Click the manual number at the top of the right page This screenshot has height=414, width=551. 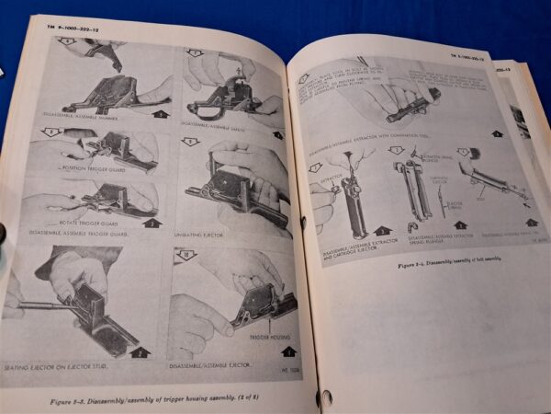tap(470, 57)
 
